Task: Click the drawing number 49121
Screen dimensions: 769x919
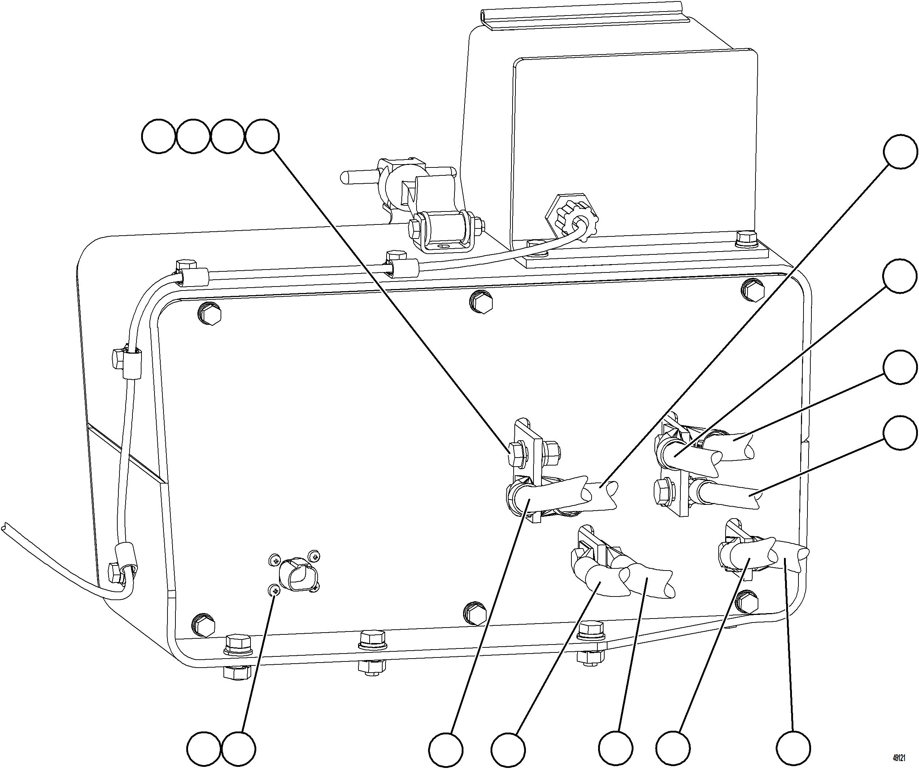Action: (x=898, y=757)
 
